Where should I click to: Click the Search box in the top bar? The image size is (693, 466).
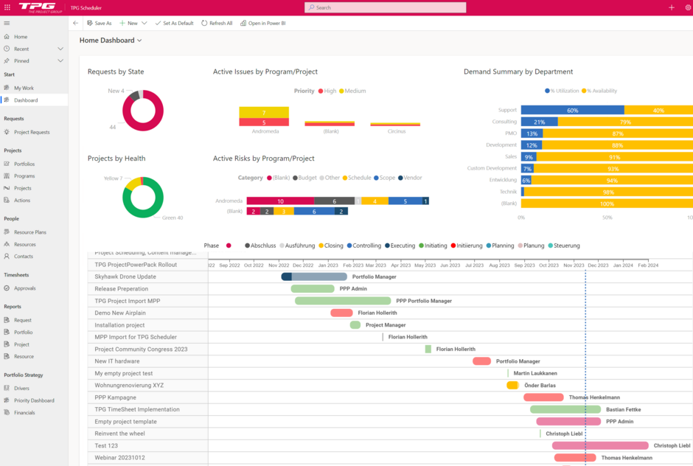coord(385,7)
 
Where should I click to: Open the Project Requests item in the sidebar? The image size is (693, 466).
coord(32,133)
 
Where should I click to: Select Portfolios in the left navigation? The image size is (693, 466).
coord(24,164)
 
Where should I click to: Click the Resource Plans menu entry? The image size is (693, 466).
coord(30,232)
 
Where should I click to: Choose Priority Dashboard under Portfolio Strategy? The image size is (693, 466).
coord(34,400)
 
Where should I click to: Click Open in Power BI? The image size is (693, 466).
coord(266,23)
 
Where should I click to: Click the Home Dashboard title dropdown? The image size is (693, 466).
coord(111,41)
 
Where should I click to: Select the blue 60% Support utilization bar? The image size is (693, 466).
coord(572,111)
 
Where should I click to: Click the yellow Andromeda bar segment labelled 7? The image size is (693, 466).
coord(263,113)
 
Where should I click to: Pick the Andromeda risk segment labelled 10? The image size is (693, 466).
coord(280,201)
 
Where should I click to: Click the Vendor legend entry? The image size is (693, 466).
coord(410,178)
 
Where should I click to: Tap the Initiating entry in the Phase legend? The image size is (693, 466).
coord(433,246)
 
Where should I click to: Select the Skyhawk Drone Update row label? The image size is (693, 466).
coord(125,277)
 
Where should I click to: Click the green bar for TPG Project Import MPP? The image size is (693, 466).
coord(343,301)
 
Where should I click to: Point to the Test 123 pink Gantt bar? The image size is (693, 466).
coord(600,445)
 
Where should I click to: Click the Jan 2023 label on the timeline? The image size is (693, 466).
coord(327,265)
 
